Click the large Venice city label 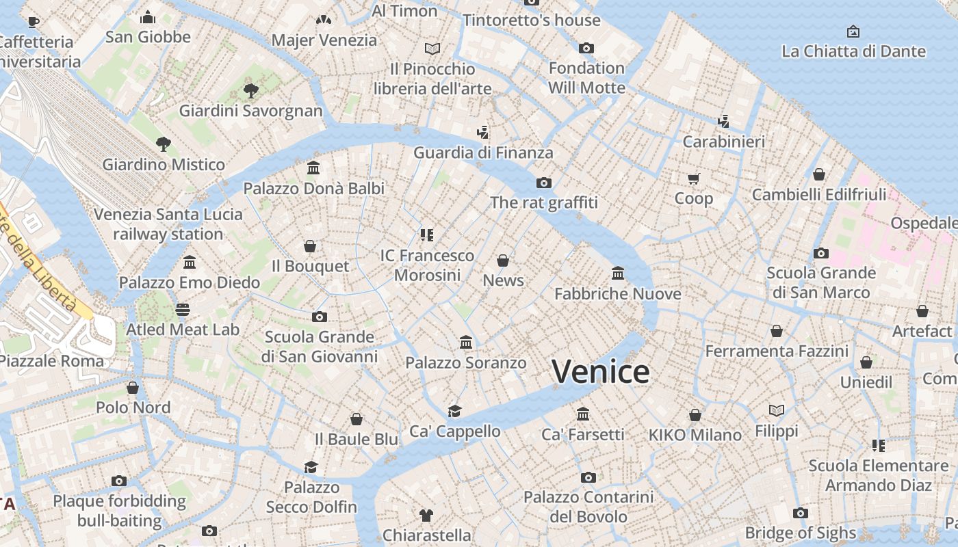pos(600,372)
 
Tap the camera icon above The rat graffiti pos(544,183)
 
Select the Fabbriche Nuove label pos(617,294)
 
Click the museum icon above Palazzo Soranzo pos(466,342)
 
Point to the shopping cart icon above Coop pos(694,179)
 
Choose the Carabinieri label pos(724,142)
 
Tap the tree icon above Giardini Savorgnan pos(251,90)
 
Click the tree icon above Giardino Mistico pos(163,144)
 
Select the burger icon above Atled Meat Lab pos(182,310)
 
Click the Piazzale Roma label pos(52,361)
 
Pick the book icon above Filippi pos(777,410)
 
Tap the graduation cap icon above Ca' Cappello pos(454,411)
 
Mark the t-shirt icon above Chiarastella pos(426,515)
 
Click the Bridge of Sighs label pos(800,533)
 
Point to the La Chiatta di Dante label pos(853,51)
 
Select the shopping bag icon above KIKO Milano pos(695,415)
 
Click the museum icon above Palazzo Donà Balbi pos(313,168)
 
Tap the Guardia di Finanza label pos(482,152)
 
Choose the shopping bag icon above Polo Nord pos(133,388)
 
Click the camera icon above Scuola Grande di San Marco pos(821,253)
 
